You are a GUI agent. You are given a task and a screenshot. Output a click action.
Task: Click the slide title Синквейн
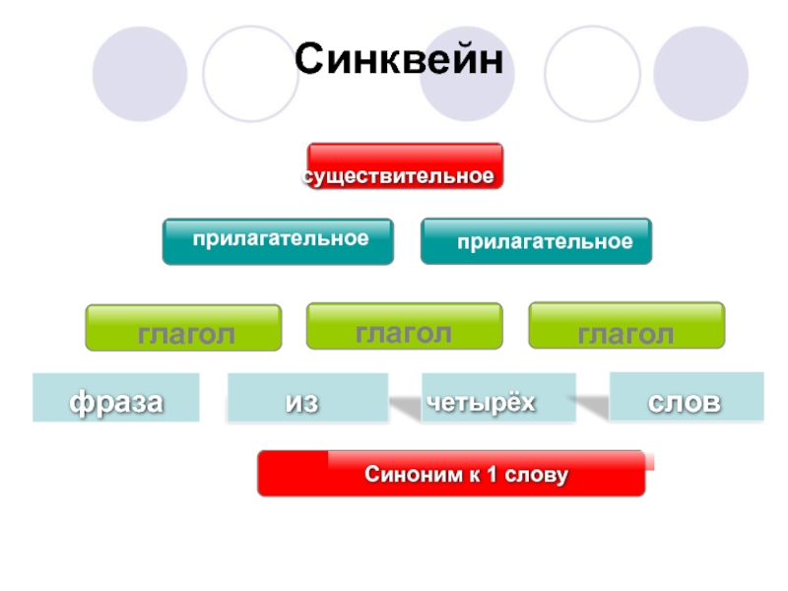coord(399,59)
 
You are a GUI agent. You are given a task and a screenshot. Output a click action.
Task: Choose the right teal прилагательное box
coord(536,241)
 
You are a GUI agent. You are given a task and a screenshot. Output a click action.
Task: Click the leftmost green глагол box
coord(184,329)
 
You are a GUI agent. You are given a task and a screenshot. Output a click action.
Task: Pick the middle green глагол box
coord(405,327)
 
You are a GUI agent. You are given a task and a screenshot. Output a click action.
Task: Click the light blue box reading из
coord(307,398)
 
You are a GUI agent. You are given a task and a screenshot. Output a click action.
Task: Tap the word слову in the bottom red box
coord(537,476)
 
